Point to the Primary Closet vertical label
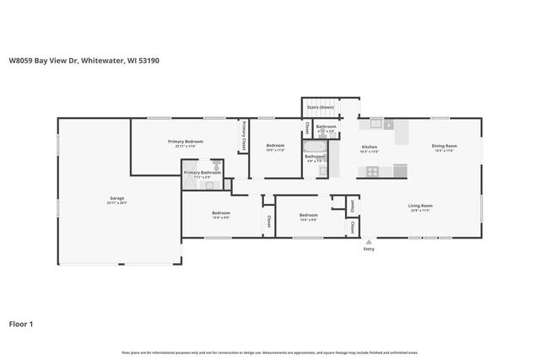point(244,136)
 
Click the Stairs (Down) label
point(320,108)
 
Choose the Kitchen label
point(369,147)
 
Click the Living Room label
point(420,206)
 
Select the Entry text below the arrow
point(369,250)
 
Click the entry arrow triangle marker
point(369,241)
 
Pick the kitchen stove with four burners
point(370,171)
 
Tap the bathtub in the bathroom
point(315,146)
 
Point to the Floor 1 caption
point(22,324)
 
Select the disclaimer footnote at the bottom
point(269,352)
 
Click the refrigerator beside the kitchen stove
point(400,171)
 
